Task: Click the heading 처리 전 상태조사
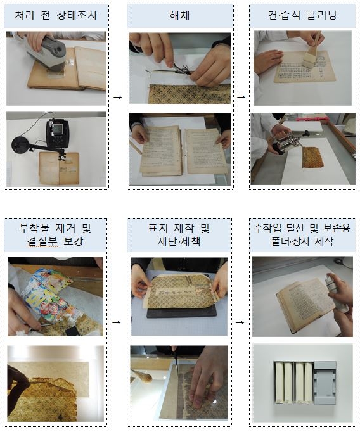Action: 56,15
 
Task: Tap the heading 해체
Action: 180,15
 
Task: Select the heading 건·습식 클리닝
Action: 302,15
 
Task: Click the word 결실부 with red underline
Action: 42,241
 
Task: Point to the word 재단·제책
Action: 179,241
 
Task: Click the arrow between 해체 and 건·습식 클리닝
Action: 241,97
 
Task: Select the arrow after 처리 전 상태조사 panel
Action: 118,97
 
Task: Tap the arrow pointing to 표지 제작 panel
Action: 117,322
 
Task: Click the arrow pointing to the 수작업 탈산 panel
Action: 240,322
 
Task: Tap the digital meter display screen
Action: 58,129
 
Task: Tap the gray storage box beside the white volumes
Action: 325,383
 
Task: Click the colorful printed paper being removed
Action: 47,295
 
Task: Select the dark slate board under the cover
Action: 182,313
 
